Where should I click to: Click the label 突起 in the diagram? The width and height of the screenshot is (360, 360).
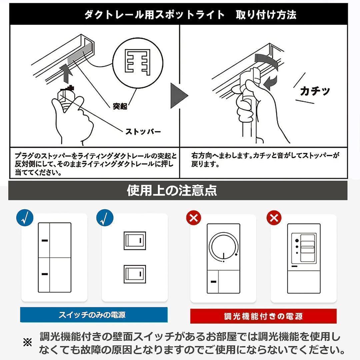(x=120, y=106)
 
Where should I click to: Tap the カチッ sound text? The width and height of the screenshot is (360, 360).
(x=315, y=91)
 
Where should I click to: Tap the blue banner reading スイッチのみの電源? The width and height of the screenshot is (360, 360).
(x=94, y=315)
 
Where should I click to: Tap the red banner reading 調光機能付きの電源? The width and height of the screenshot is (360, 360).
(x=263, y=316)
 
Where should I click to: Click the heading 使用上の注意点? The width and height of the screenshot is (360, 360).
(x=172, y=190)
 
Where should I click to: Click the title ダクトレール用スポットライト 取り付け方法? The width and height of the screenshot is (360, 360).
(x=190, y=15)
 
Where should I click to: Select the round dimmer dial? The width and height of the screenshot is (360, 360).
(x=224, y=247)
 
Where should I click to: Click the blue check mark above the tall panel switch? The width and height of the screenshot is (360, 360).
(x=25, y=218)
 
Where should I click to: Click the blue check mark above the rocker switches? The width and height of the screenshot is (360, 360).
(x=105, y=218)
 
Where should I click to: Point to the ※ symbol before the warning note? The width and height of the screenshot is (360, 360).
(x=27, y=342)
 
